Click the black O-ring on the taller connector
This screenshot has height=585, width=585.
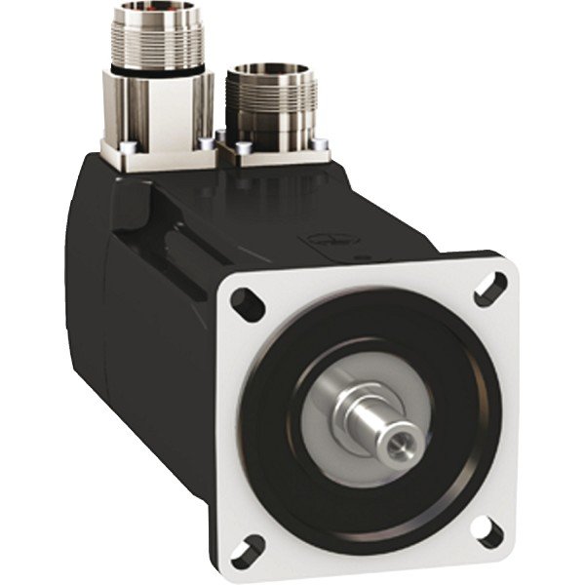pyautogui.click(x=156, y=69)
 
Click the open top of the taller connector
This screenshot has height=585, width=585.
pyautogui.click(x=156, y=12)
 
